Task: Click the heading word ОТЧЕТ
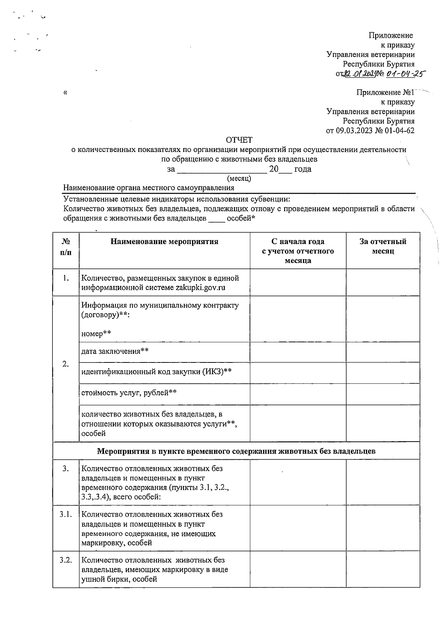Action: [239, 140]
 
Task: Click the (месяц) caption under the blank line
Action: [239, 179]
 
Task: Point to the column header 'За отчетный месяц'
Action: [383, 246]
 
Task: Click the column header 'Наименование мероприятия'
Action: [164, 242]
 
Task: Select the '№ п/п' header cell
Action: [66, 247]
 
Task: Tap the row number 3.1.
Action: [65, 514]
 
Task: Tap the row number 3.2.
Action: [65, 560]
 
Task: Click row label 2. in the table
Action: [65, 364]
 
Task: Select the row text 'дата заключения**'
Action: [115, 351]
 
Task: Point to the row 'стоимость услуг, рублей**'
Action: [129, 392]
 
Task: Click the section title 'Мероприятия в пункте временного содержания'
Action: [236, 451]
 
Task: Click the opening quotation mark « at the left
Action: [65, 92]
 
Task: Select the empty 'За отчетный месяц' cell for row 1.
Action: [383, 283]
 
